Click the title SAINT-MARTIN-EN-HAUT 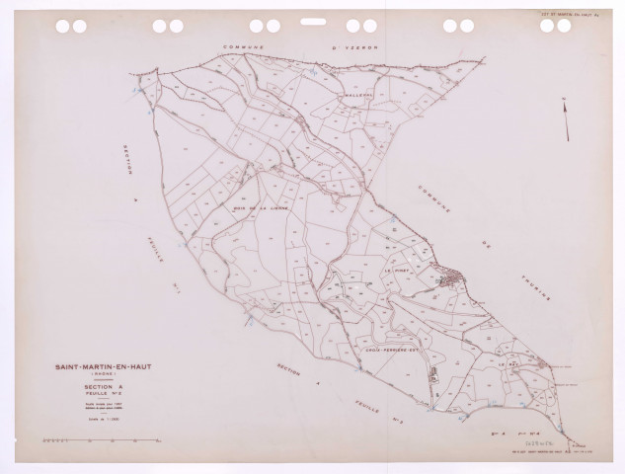click(x=96, y=369)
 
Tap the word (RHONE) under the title click(x=96, y=377)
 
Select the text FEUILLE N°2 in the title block click(x=96, y=394)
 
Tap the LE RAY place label click(x=509, y=363)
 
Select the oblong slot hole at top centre click(x=312, y=21)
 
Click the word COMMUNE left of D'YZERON click(x=247, y=46)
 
